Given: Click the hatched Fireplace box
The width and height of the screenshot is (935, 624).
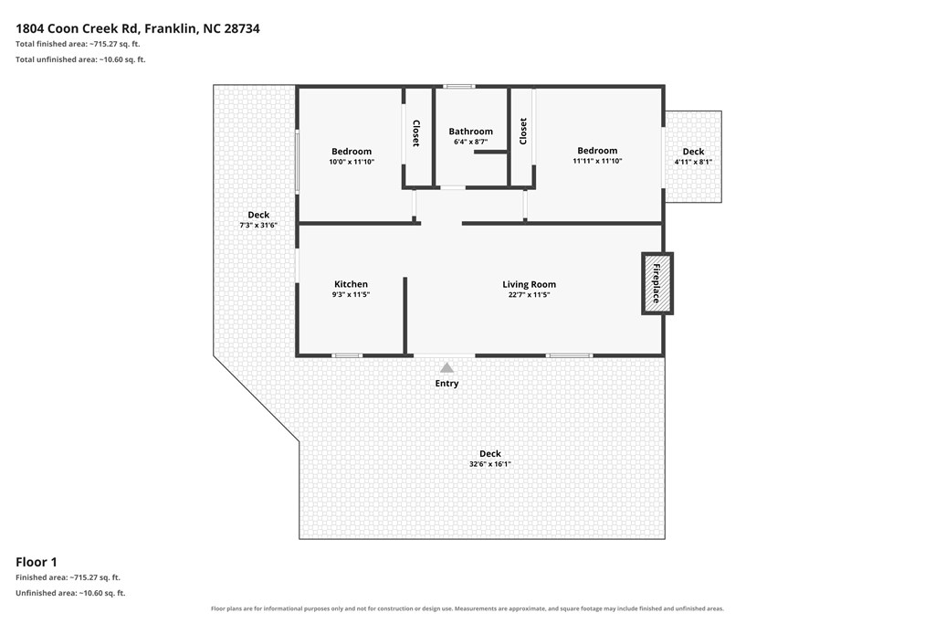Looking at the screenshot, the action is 657,283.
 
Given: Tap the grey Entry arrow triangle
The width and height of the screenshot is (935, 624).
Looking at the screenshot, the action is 446,367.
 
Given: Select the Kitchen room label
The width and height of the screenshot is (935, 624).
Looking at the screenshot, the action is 351,284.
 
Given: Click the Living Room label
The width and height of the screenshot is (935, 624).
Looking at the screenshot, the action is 529,284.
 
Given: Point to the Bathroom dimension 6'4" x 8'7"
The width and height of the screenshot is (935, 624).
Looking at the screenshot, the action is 470,142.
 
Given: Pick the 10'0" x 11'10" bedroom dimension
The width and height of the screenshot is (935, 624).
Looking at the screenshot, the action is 352,162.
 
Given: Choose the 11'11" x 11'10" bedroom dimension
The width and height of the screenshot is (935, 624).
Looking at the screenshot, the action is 597,161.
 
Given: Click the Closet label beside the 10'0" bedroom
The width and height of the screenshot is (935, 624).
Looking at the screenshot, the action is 416,133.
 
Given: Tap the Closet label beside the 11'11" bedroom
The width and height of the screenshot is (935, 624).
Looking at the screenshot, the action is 523,132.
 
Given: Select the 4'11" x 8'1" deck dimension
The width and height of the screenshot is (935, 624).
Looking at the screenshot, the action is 693,162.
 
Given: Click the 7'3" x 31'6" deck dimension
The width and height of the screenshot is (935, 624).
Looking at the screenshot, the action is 258,225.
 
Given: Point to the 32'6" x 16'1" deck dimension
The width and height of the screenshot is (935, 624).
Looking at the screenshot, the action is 489,464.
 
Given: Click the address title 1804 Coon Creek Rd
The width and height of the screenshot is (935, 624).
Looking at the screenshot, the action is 78,28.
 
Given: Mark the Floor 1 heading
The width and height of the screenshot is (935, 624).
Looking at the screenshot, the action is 37,562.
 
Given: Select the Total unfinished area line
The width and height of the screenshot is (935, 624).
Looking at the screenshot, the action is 80,59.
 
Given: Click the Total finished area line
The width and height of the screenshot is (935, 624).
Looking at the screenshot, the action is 78,44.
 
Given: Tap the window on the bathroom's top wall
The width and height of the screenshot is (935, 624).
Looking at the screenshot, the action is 460,87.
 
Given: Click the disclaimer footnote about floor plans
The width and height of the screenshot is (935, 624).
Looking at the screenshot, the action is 467,608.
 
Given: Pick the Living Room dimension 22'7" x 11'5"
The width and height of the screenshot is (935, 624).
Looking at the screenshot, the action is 529,295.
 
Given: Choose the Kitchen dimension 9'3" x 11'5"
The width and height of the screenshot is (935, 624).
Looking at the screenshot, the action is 351,295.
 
